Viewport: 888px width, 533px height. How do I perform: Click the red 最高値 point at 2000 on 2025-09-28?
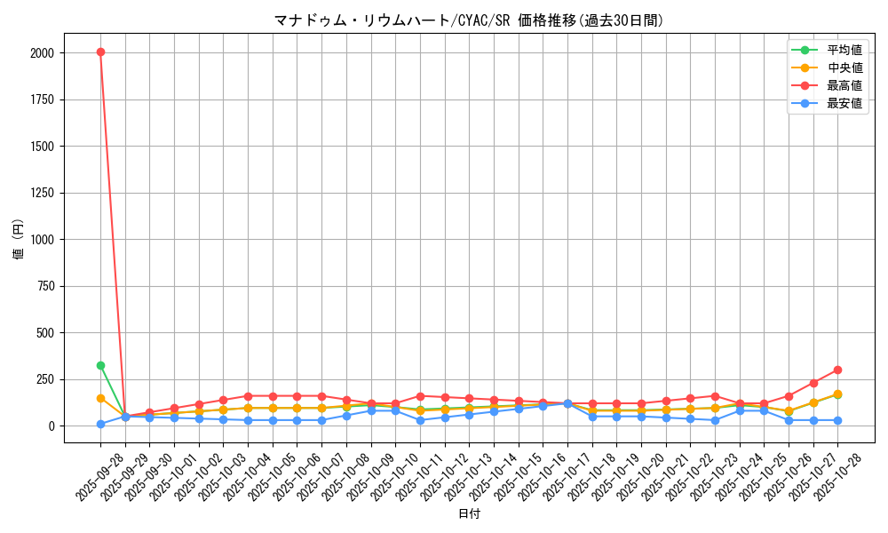tap(100, 52)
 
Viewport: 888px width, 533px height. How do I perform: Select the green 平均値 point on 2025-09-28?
tap(100, 365)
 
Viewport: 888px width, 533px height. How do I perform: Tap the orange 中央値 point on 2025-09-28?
tap(100, 398)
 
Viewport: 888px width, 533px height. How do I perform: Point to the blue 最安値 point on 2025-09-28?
tap(100, 424)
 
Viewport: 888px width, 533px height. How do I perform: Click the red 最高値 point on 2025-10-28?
tap(837, 370)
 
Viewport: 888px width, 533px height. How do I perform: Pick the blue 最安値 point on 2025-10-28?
tap(837, 420)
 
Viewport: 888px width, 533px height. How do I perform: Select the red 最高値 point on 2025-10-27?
tap(813, 383)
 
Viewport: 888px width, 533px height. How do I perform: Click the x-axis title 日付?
tap(468, 514)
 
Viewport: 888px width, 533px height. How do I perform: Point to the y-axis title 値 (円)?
tap(19, 240)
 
